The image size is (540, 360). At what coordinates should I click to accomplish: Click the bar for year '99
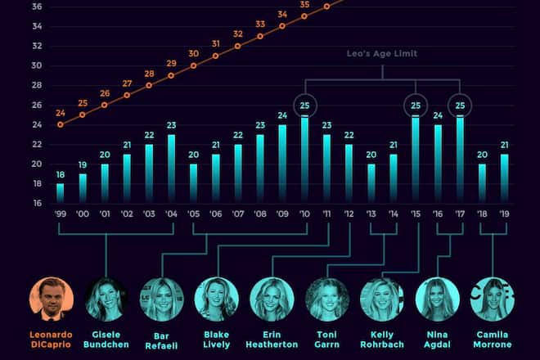(x=60, y=193)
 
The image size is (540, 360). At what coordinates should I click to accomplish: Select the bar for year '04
(x=171, y=169)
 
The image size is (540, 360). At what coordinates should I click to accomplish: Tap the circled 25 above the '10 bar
(x=304, y=106)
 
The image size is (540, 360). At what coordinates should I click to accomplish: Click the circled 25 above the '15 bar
(x=416, y=106)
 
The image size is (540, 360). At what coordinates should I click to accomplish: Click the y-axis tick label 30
(x=37, y=65)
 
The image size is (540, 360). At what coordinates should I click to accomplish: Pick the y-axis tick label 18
(x=37, y=183)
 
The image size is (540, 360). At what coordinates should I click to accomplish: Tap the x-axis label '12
(x=349, y=214)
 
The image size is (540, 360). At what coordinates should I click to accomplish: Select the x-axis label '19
(x=504, y=214)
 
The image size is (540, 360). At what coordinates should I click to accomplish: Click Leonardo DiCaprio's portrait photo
(x=51, y=299)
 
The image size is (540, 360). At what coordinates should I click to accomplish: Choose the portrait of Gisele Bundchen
(x=106, y=299)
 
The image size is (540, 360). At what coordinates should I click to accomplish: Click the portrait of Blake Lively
(x=216, y=299)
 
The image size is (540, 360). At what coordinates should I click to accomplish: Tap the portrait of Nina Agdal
(x=438, y=299)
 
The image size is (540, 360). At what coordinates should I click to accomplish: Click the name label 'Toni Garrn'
(x=326, y=339)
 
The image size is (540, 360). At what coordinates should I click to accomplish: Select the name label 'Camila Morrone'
(x=493, y=339)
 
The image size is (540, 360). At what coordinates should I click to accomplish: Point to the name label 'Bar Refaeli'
(x=161, y=339)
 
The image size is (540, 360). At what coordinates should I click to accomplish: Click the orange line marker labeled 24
(x=60, y=124)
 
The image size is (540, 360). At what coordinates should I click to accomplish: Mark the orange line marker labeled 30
(x=193, y=65)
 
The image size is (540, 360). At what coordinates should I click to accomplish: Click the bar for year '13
(x=371, y=183)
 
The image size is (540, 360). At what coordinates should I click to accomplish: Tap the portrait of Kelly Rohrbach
(x=382, y=299)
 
